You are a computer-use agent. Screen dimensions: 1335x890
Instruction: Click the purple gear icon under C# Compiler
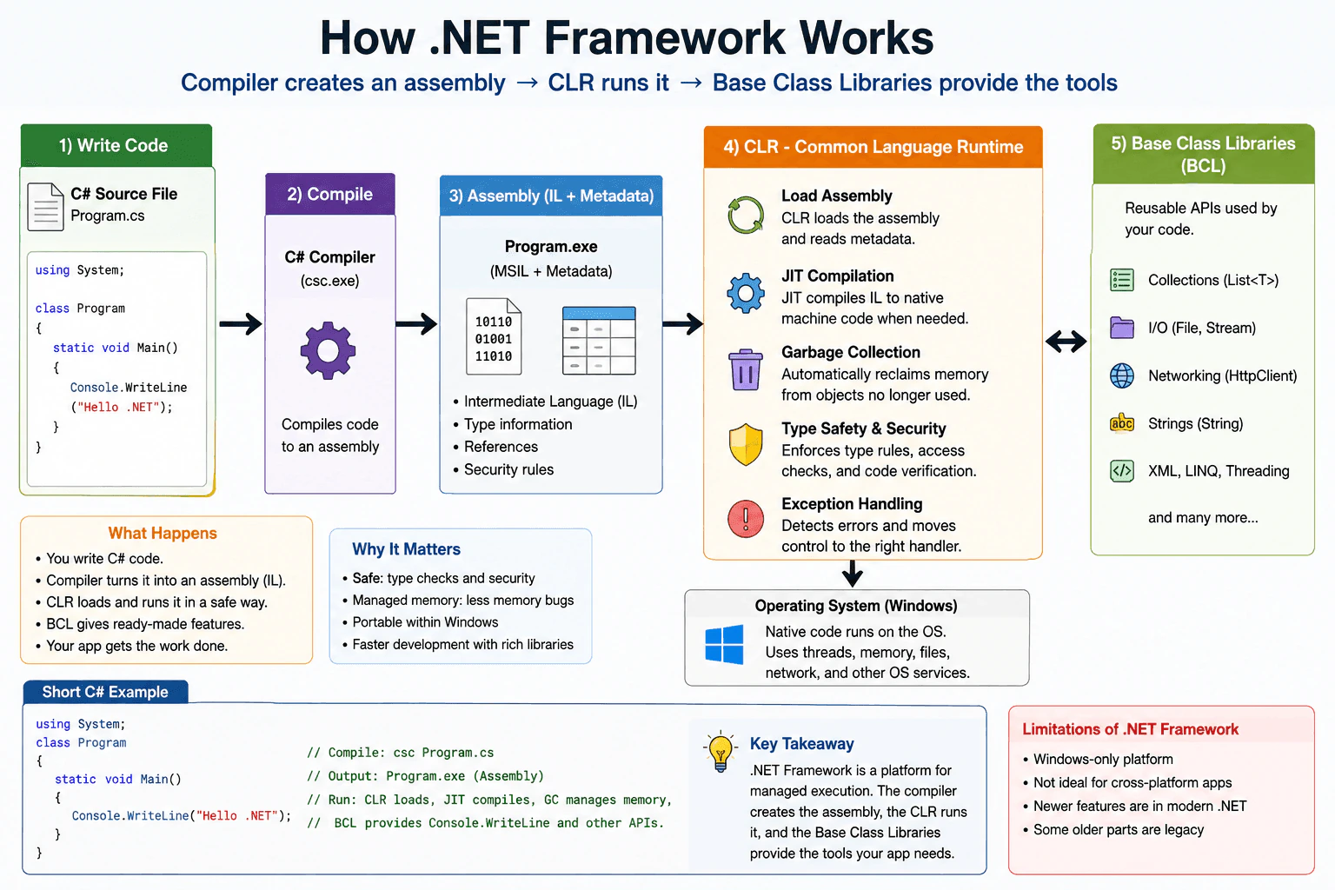pos(328,350)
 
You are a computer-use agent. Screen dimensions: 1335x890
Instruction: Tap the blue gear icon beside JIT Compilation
pos(745,293)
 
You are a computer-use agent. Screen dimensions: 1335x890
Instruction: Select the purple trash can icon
pos(745,369)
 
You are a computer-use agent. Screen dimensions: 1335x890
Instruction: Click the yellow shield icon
pos(745,445)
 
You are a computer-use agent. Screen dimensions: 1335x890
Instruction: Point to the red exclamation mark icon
pos(745,519)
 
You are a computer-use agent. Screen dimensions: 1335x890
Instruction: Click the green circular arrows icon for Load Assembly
pos(745,216)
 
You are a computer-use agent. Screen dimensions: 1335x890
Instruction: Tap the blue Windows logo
pos(724,644)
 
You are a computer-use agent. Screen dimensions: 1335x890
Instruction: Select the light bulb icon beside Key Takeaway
pos(721,751)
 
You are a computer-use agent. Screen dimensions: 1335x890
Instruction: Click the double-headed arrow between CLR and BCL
pos(1066,342)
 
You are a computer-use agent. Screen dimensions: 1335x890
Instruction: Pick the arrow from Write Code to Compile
pos(240,323)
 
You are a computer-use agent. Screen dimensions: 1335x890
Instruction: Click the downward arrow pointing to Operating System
pos(853,573)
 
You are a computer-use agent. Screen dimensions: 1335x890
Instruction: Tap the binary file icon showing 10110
pos(494,336)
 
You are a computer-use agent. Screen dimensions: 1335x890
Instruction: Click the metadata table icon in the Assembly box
pos(599,341)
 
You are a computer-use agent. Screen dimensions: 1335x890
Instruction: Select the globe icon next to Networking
pos(1122,375)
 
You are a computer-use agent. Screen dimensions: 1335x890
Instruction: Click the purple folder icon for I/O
pos(1122,328)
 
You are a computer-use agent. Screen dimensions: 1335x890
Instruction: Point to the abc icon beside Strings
pos(1122,422)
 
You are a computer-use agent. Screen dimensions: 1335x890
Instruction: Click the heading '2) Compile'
pos(329,195)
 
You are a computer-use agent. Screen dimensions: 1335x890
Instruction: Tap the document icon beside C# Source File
pos(45,207)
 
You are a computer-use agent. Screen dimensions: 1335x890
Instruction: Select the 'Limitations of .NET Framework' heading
pos(1130,729)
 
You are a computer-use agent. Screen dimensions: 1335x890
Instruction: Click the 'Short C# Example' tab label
pos(105,692)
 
